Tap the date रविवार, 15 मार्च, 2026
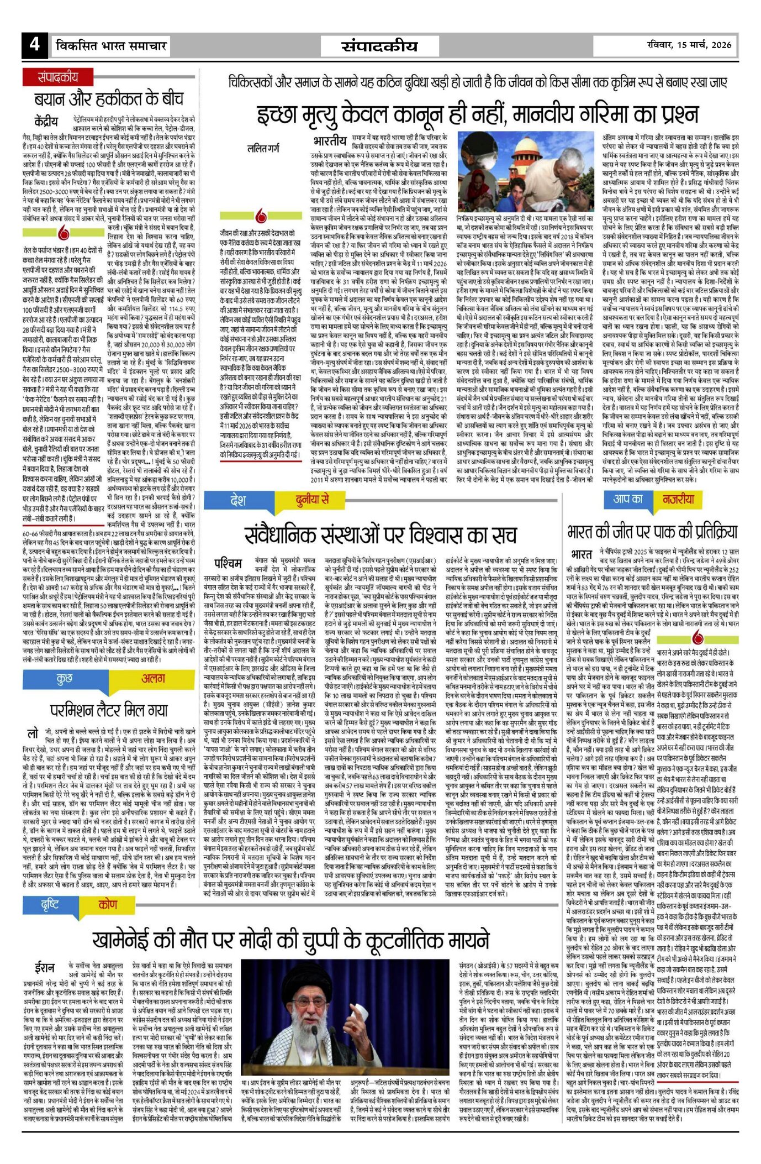click(690, 45)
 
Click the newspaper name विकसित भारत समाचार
click(111, 45)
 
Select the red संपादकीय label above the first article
click(58, 77)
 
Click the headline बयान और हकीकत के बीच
click(108, 99)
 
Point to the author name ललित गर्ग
click(263, 148)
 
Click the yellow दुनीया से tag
click(312, 501)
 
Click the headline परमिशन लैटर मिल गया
click(109, 709)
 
